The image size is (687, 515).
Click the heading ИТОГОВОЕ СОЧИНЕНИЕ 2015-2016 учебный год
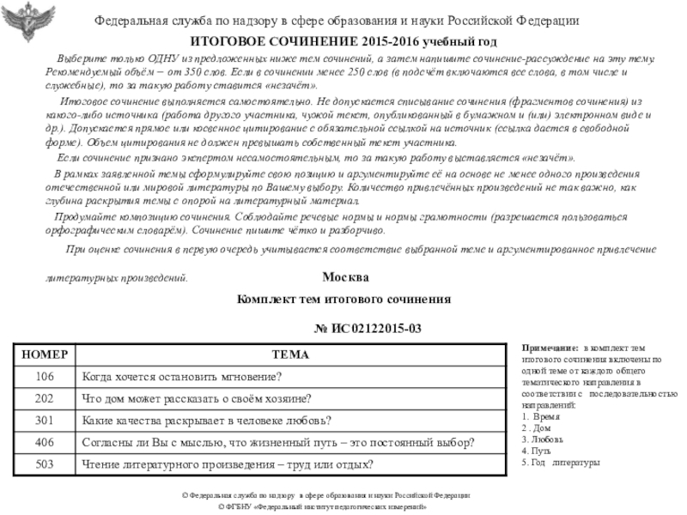point(343,41)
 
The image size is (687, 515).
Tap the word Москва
point(345,278)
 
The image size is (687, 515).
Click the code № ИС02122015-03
point(368,329)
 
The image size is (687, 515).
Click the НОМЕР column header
point(44,354)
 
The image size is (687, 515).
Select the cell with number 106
point(44,376)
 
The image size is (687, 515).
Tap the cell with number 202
point(44,398)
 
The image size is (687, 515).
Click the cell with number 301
point(44,421)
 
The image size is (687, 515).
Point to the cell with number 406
point(44,443)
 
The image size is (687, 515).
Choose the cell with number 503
point(44,465)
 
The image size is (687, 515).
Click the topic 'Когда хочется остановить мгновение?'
point(181,376)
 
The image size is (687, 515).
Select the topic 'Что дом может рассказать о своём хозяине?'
point(196,398)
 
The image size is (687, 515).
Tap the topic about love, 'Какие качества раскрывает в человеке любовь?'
point(206,421)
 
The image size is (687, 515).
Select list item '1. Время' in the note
point(541,415)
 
